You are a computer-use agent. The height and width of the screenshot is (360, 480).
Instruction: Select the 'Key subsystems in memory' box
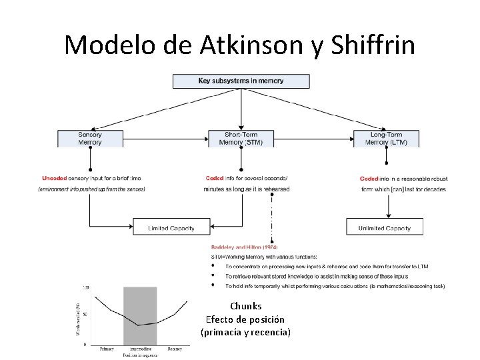[241, 81]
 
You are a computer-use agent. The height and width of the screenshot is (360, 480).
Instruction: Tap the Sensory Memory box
[90, 138]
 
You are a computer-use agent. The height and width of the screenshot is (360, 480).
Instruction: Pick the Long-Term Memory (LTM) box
[387, 138]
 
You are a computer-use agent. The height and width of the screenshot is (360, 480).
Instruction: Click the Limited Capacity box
[171, 227]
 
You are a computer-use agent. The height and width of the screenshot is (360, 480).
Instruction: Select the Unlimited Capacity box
[385, 227]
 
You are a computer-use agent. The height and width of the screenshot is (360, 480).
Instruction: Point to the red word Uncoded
[53, 179]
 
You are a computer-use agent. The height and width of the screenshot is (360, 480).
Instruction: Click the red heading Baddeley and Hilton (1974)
[239, 247]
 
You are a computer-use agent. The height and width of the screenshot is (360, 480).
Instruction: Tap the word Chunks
[245, 307]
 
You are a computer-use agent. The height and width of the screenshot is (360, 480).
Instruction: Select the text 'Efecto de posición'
[245, 319]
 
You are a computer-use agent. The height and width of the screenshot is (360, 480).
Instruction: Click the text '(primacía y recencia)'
[245, 332]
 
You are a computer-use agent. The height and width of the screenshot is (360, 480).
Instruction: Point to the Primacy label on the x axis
[107, 349]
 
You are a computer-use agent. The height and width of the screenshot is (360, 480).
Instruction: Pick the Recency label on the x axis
[174, 349]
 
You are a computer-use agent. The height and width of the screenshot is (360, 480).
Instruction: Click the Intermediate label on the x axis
[140, 349]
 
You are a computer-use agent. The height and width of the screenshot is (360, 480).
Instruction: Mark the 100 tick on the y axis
[85, 287]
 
